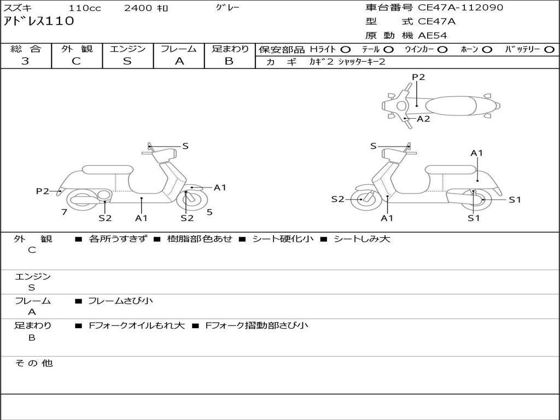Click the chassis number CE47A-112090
tap(460, 8)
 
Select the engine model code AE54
tap(433, 36)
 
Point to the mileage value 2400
tap(138, 8)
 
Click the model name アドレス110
tap(39, 21)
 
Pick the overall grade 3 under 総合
tap(25, 61)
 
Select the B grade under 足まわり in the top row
tap(229, 61)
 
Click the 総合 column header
tap(26, 49)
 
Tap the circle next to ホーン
tap(487, 49)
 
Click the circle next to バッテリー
tap(550, 49)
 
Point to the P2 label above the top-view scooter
tap(418, 77)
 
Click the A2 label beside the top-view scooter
tap(423, 119)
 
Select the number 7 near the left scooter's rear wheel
tap(64, 212)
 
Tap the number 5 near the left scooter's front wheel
tap(209, 212)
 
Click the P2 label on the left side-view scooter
tap(43, 191)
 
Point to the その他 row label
tap(33, 363)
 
